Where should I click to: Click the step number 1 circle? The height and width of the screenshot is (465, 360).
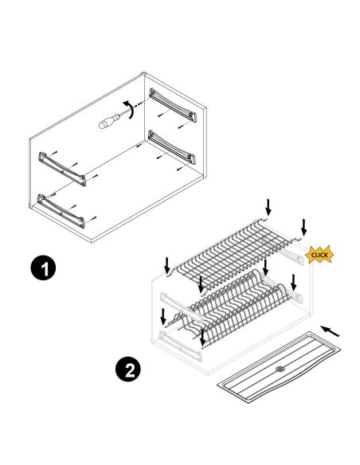point(43,268)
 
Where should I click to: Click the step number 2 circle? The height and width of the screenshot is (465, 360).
point(128,369)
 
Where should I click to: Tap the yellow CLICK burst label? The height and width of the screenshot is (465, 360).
point(319,255)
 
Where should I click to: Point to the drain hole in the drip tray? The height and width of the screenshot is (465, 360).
point(280,369)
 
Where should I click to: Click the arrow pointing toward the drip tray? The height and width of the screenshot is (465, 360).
point(330,331)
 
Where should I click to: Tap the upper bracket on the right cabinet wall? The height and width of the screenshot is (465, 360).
point(173,104)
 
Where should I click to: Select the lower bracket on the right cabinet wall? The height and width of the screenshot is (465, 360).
point(172,147)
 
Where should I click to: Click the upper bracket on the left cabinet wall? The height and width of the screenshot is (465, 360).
point(62,169)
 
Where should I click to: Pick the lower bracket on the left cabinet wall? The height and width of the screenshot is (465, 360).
point(61,211)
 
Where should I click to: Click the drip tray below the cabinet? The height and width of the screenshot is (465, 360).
point(279,367)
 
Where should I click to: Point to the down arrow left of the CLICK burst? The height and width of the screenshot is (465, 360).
point(303,227)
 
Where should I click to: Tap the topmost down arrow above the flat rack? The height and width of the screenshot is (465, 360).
point(268,207)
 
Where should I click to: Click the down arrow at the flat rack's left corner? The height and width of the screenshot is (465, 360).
point(167,266)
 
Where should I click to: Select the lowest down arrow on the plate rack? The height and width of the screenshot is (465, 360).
point(203,338)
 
